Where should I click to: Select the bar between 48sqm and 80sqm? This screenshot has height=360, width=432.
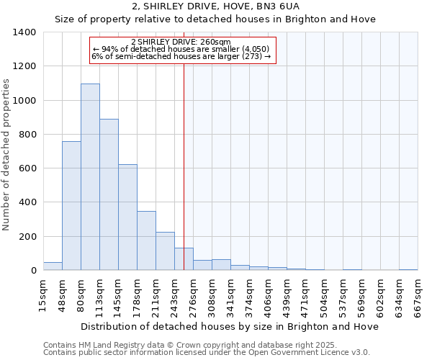coord(71,206)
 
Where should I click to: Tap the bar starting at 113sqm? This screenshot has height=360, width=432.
coord(109,194)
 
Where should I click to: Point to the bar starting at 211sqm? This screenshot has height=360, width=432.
coord(165,251)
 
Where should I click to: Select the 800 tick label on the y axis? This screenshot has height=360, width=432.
coord(27,135)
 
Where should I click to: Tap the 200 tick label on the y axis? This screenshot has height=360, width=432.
coord(27,237)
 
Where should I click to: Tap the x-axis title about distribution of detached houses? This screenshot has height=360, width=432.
coord(230,326)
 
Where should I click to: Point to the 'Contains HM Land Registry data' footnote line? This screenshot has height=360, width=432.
coord(189,346)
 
